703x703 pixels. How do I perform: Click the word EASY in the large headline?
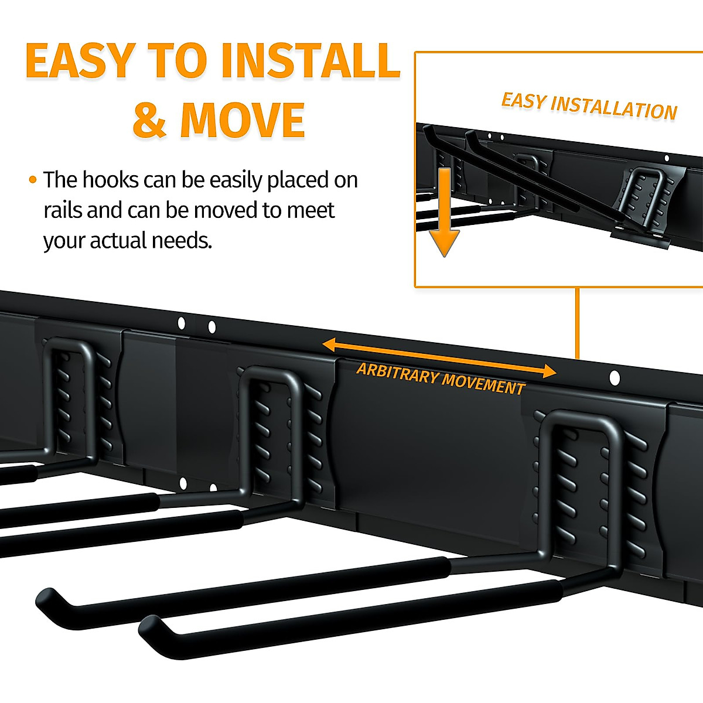[81, 61]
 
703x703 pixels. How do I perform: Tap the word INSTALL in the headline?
[310, 61]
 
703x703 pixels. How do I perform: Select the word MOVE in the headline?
[243, 121]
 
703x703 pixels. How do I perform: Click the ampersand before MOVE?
[149, 121]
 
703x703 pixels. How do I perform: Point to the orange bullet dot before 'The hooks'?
[32, 180]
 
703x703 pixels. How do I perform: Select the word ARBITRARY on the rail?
[397, 373]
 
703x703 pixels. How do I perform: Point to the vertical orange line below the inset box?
[577, 322]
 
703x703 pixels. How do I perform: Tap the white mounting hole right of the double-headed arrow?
[614, 378]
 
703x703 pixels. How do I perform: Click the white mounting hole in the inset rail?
[666, 158]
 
